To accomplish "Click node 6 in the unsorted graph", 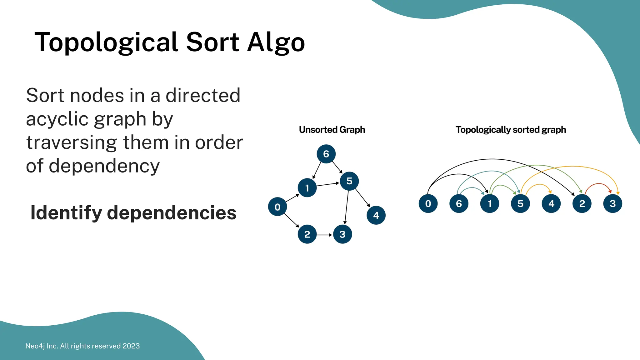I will coord(326,154).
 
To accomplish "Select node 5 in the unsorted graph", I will coord(349,181).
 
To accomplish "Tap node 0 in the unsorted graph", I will coord(277,207).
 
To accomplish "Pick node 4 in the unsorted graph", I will coord(376,215).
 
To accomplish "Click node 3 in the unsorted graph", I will coord(342,234).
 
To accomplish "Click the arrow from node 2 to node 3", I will coord(324,235).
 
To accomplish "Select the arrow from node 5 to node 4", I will coord(362,198).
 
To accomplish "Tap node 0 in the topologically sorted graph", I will coord(428,204).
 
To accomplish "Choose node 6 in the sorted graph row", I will coord(459,204).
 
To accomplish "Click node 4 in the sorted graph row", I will coord(551,204).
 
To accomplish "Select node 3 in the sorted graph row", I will coord(612,204).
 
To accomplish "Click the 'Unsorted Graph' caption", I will coord(332,130).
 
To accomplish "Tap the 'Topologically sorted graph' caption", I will coord(511,130).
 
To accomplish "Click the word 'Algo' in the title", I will coord(276,43).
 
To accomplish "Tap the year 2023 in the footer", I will coord(131,346).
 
